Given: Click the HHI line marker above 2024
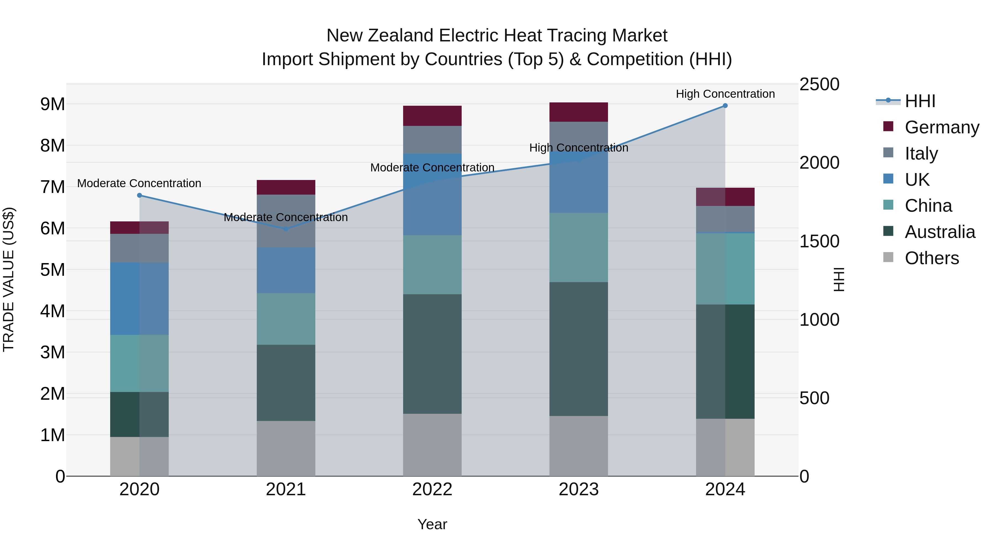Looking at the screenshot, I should tap(725, 106).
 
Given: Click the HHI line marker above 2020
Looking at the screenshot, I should tap(140, 195).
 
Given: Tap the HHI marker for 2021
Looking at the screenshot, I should tap(286, 229).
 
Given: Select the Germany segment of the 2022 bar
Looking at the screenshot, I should tap(432, 116).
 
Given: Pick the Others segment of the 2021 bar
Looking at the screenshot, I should tap(286, 448).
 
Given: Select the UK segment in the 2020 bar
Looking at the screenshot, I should tap(139, 299).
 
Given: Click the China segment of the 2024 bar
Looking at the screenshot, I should tap(725, 269).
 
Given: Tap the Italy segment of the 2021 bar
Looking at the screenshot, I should tap(286, 221).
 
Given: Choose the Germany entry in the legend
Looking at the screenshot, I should tap(942, 127).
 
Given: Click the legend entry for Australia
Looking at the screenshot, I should tap(940, 232).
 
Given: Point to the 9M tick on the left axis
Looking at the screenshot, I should tap(53, 104).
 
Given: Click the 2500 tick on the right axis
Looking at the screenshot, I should tap(819, 84).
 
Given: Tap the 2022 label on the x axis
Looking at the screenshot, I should tap(432, 489).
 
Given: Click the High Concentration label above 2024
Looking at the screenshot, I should tap(725, 94).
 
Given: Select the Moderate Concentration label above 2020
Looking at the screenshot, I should tap(139, 183).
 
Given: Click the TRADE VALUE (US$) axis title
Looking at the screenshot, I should tap(9, 279).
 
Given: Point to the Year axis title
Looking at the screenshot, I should tap(432, 524).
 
